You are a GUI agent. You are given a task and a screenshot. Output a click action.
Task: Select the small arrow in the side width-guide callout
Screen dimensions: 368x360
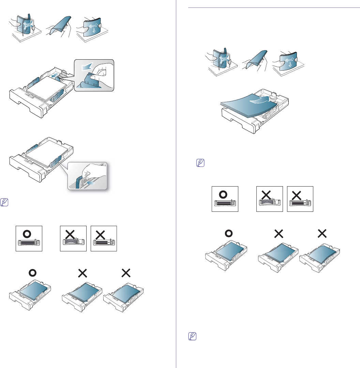(91, 183)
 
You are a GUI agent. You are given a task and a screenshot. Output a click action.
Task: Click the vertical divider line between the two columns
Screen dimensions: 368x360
(176, 184)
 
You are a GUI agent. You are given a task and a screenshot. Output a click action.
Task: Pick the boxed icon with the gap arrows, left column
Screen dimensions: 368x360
(104, 238)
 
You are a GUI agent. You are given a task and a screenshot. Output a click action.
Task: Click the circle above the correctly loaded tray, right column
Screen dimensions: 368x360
(229, 233)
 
